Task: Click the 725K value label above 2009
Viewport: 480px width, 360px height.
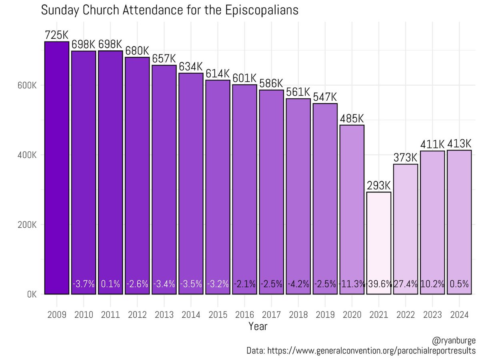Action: (56, 35)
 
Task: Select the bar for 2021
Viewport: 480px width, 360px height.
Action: (378, 243)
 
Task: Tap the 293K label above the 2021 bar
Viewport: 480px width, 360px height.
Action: (378, 186)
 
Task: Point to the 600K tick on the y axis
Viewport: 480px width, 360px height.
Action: (27, 85)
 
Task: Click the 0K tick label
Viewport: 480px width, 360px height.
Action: (32, 294)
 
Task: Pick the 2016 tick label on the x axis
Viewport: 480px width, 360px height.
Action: (244, 314)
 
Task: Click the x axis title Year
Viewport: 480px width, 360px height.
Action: (258, 326)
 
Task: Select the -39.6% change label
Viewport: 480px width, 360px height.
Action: (378, 284)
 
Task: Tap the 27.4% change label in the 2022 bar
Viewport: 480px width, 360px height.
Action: (406, 284)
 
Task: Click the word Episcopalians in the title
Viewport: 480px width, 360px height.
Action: (262, 10)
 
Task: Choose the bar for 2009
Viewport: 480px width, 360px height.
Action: (57, 168)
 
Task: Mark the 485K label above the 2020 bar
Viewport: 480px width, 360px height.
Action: (352, 119)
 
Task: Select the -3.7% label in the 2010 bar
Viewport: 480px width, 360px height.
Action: (84, 284)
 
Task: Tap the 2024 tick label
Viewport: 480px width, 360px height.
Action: (459, 314)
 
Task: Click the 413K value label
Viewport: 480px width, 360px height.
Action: (459, 144)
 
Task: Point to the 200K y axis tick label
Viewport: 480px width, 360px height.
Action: (27, 225)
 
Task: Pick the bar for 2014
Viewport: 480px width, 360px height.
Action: (191, 184)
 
